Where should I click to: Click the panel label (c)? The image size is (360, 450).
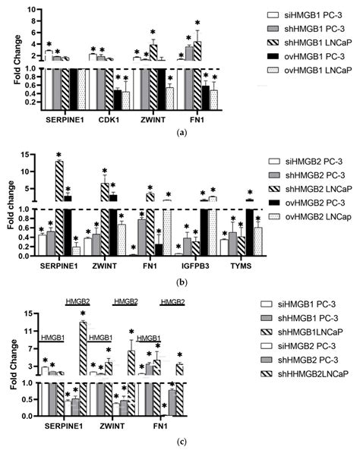[x=181, y=441]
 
